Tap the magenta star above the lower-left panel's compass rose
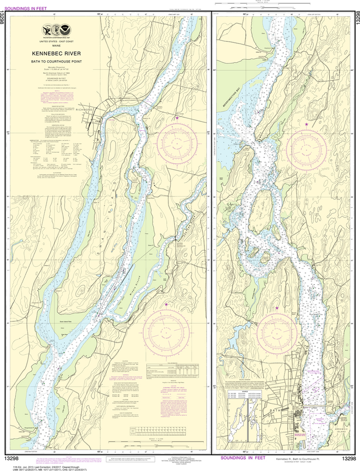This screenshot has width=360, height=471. click(166, 304)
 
